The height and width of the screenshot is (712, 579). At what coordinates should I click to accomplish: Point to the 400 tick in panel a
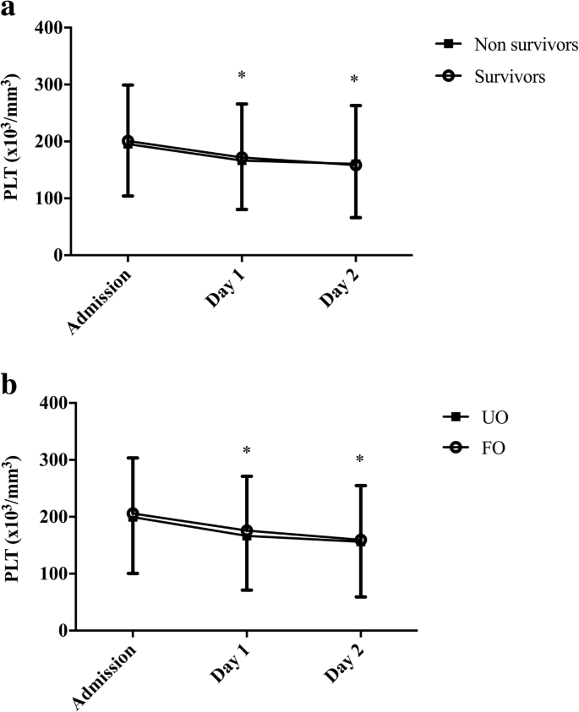coord(50,29)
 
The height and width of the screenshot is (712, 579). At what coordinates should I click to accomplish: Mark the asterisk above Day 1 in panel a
coord(242,76)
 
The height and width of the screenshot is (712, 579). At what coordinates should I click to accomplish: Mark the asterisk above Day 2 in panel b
coord(360,460)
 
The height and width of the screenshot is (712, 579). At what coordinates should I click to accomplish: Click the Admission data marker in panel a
coord(128,142)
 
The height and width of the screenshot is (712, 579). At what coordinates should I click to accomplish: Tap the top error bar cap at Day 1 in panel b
coord(247,476)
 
